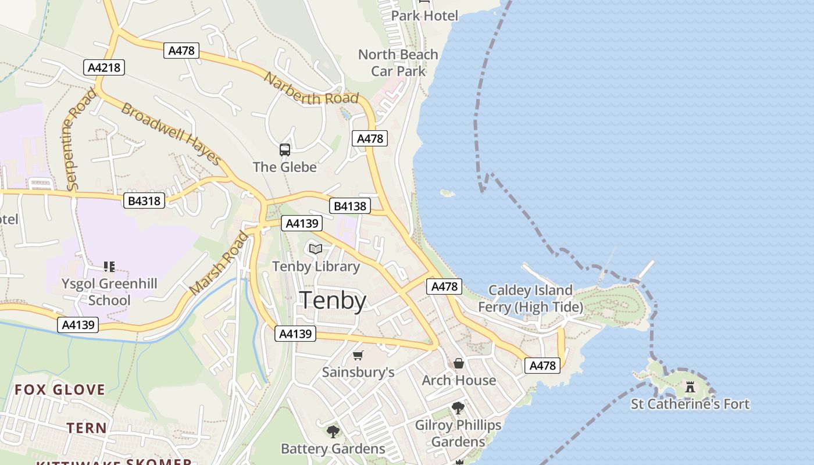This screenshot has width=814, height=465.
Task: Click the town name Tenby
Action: [x=333, y=301]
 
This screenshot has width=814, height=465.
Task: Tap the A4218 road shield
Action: [x=104, y=67]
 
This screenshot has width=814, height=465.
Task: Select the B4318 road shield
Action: [x=144, y=201]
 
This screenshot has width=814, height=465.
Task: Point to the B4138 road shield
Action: [x=349, y=206]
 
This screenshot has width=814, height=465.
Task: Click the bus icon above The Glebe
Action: [x=285, y=150]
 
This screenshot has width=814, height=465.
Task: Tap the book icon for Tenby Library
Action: [x=316, y=249]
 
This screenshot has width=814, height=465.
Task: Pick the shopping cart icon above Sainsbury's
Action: [x=358, y=355]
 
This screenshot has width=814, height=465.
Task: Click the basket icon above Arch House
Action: [x=459, y=363]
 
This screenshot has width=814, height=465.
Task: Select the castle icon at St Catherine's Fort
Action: [x=690, y=387]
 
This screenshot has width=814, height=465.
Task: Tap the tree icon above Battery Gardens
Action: [x=333, y=431]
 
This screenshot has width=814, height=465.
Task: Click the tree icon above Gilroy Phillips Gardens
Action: [x=458, y=407]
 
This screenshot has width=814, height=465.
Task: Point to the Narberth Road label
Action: [x=311, y=89]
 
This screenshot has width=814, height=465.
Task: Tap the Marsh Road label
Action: [x=218, y=263]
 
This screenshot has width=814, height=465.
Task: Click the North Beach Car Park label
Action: [x=398, y=63]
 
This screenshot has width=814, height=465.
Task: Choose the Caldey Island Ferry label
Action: [x=530, y=298]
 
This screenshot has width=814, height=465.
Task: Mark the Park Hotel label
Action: [x=424, y=16]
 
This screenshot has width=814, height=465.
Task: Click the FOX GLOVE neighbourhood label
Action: [x=60, y=389]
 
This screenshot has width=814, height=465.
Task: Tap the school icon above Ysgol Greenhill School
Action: [x=109, y=267]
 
